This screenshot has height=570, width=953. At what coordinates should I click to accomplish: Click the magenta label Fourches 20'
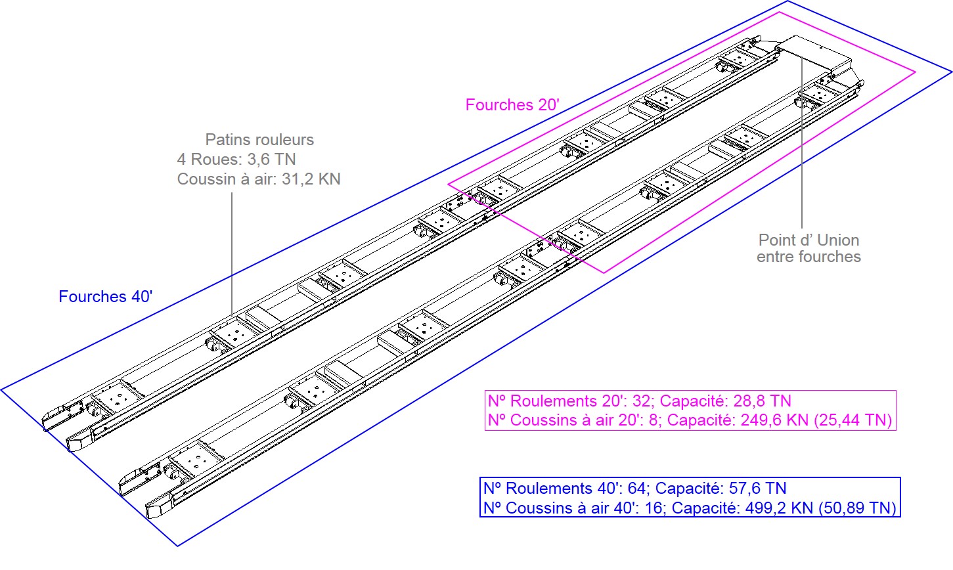point(512,104)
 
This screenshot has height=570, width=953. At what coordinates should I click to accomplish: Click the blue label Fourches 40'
point(106,296)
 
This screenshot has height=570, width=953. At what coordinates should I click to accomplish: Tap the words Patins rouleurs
point(259,139)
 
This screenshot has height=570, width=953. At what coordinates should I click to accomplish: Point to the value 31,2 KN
point(311,179)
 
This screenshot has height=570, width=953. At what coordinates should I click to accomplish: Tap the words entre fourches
point(809,257)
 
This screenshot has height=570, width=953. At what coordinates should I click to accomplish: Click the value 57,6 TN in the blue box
point(757,489)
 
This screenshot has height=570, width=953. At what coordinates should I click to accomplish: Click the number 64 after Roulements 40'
point(636,489)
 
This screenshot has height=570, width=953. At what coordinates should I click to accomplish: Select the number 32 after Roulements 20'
point(641,401)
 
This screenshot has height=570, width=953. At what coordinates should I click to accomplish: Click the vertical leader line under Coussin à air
point(232,254)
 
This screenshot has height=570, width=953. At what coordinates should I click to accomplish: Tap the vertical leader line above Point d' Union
point(802,143)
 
